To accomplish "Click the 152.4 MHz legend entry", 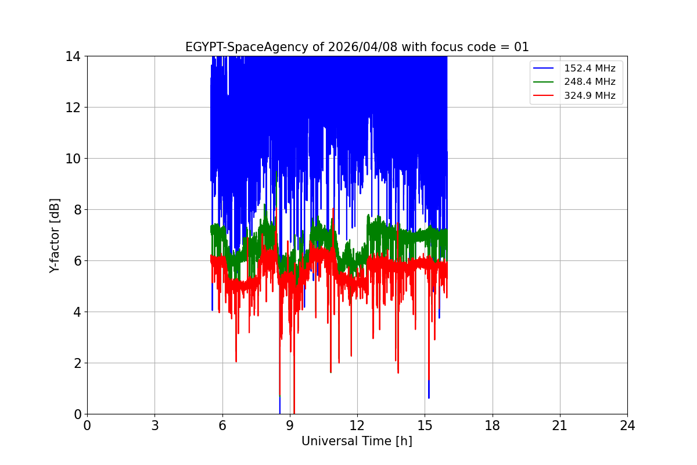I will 590,69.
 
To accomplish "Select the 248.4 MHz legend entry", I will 590,82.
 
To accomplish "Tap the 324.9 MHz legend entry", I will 590,96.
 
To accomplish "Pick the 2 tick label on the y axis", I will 76,363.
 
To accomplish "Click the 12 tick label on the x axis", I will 357,425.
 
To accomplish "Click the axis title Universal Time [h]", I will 357,441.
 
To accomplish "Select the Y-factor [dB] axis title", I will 55,235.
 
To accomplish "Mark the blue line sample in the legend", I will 544,69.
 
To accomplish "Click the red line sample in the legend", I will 544,96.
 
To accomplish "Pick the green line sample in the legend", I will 544,82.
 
